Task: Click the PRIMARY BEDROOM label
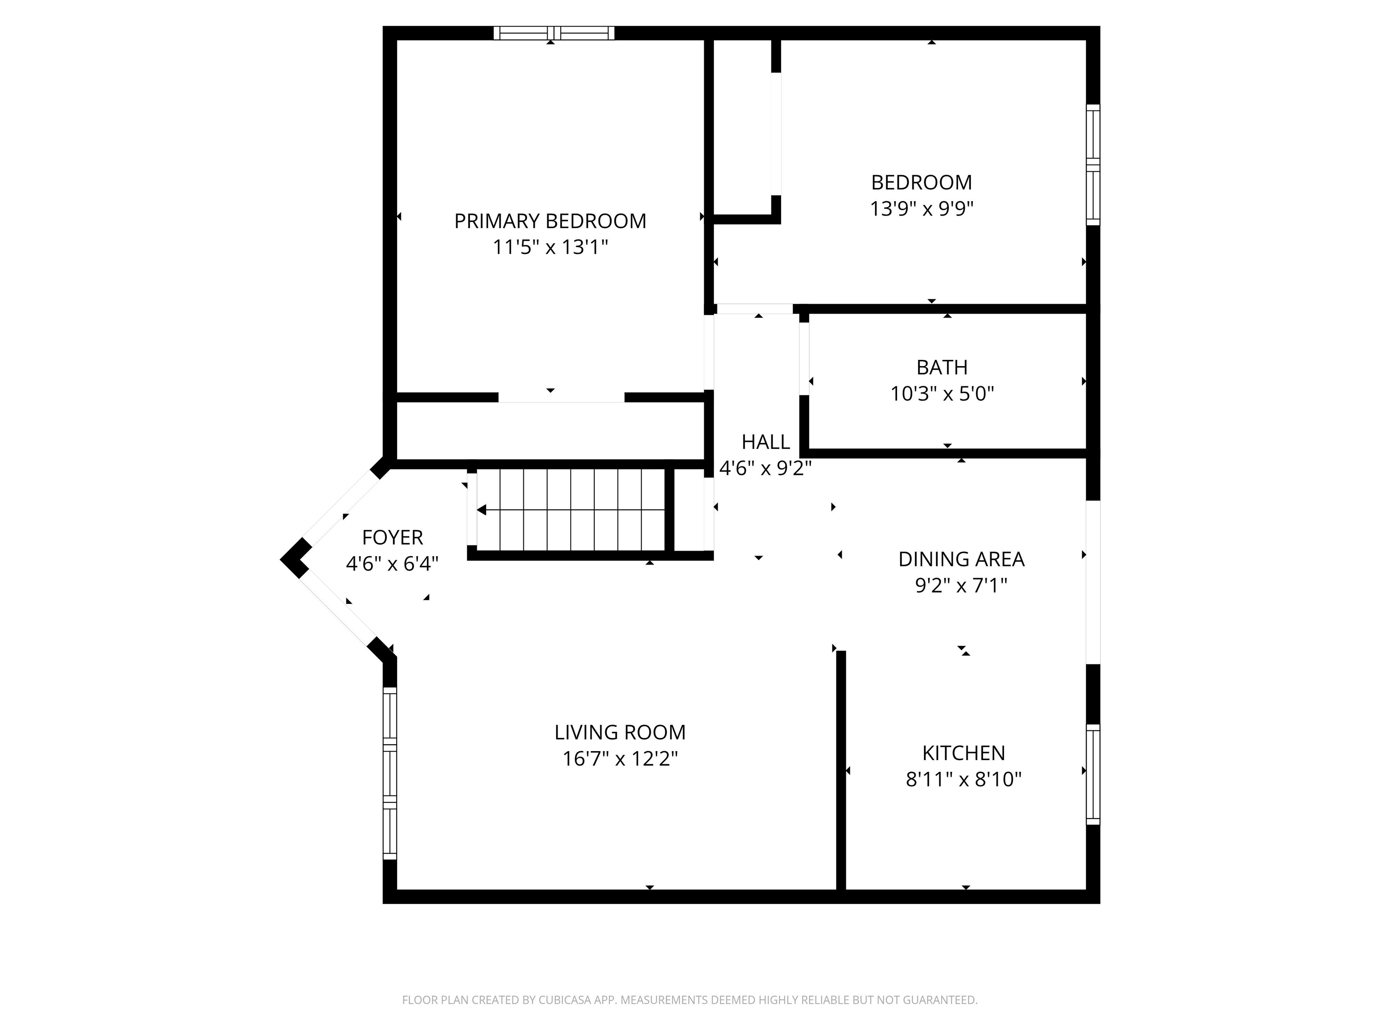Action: (550, 221)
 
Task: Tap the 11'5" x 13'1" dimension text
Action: (550, 247)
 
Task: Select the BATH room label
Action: (942, 367)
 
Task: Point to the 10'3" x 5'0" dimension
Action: (942, 394)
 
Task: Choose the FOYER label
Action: (393, 537)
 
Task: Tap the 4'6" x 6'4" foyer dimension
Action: (393, 564)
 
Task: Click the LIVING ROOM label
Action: (620, 732)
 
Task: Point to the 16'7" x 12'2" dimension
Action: (620, 759)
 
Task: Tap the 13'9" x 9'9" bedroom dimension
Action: (922, 208)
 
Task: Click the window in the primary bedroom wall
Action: (554, 33)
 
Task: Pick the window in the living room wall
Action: (390, 773)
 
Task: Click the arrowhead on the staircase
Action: (482, 510)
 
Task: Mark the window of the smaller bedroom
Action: (1093, 165)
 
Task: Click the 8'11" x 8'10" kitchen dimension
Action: (964, 779)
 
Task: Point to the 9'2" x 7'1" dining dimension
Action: (961, 585)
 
